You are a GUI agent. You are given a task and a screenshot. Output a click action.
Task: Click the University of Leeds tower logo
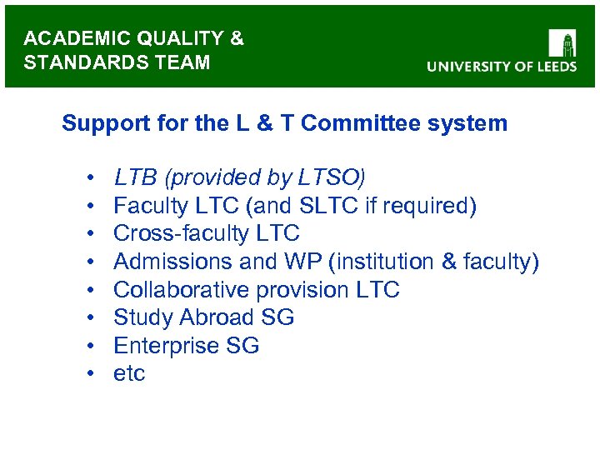(x=562, y=43)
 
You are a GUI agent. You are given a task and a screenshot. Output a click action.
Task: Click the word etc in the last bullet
(x=129, y=374)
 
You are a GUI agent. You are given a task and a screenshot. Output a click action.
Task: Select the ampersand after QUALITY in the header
(x=237, y=38)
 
